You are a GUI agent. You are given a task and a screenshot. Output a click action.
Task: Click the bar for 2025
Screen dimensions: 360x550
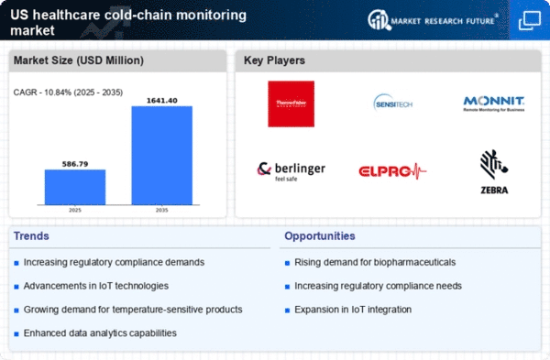[75, 189]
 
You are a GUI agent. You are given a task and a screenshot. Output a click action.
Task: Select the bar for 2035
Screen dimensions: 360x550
[162, 157]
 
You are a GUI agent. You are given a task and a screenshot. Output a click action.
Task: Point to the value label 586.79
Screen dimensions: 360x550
[75, 161]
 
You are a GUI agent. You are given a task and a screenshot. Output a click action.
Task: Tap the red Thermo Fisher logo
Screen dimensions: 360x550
[291, 104]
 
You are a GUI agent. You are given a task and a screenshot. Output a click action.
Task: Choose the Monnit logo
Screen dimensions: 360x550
[492, 104]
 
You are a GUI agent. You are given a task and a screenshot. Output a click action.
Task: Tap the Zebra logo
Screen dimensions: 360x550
[493, 171]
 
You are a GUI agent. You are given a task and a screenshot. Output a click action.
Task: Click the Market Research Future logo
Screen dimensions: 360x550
[435, 19]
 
